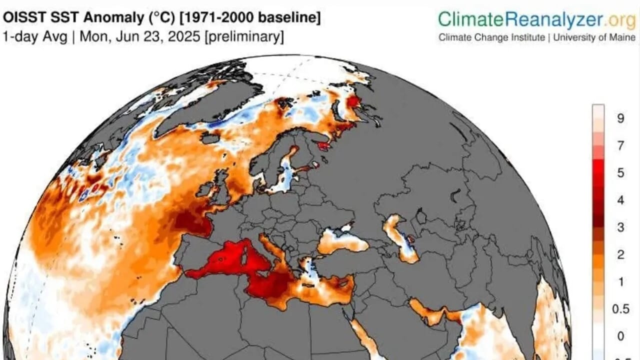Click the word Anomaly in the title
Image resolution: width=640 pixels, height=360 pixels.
[113, 17]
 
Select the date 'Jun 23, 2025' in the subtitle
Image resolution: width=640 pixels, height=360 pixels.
[157, 37]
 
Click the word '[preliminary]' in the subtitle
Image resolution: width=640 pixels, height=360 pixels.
[244, 37]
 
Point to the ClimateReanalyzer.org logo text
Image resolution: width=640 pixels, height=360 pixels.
[537, 19]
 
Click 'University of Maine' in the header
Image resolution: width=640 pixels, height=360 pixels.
[594, 37]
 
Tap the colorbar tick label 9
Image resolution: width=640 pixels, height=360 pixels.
[620, 118]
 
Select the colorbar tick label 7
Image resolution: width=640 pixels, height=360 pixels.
[620, 145]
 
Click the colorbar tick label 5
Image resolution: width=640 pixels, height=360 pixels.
[620, 173]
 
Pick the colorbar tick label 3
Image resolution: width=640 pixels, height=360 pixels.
[620, 227]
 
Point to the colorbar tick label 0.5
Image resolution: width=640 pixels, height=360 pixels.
[621, 309]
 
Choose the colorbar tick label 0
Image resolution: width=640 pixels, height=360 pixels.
[620, 336]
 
